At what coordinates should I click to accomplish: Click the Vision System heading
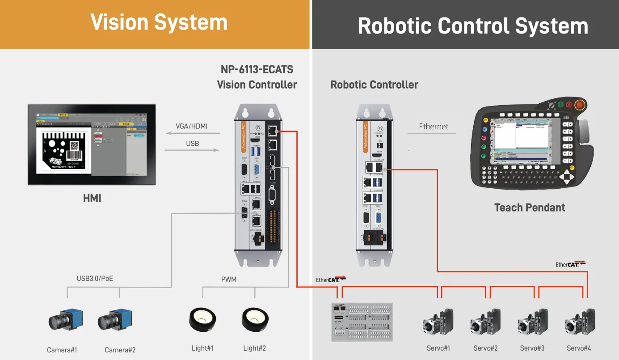pyautogui.click(x=159, y=22)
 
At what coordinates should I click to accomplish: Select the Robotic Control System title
pyautogui.click(x=472, y=26)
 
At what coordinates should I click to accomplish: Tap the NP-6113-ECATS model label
pyautogui.click(x=257, y=70)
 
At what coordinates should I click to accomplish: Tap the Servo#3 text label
pyautogui.click(x=532, y=348)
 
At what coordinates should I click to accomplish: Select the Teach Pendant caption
pyautogui.click(x=530, y=208)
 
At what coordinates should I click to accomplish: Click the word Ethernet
pyautogui.click(x=434, y=127)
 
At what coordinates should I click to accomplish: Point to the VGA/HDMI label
pyautogui.click(x=192, y=126)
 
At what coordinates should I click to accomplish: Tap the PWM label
pyautogui.click(x=229, y=280)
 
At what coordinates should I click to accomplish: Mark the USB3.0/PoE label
pyautogui.click(x=95, y=279)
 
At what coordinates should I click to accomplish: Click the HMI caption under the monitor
pyautogui.click(x=92, y=198)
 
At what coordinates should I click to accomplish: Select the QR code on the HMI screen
pyautogui.click(x=74, y=146)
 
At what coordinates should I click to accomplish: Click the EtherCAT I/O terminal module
pyautogui.click(x=362, y=322)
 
